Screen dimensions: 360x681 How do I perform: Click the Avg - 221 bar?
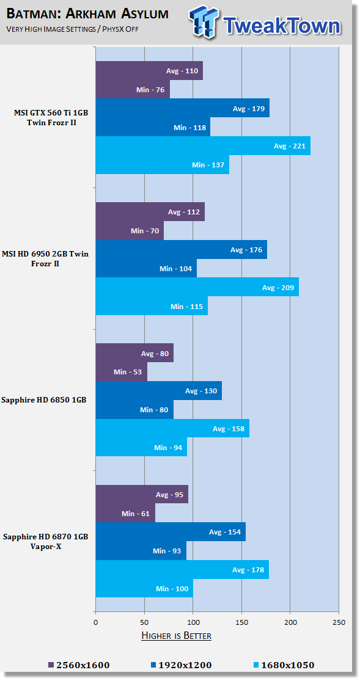203,146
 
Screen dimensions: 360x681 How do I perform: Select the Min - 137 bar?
162,165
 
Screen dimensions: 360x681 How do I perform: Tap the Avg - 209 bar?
197,287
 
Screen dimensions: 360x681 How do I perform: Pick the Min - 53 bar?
121,372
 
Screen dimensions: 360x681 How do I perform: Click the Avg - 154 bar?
171,532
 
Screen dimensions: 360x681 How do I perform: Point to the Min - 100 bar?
144,589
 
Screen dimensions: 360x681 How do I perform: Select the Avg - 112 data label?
184,213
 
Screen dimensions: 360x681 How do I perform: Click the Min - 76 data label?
150,90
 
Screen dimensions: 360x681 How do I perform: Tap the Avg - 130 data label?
201,391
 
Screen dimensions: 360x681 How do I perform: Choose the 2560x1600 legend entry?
79,665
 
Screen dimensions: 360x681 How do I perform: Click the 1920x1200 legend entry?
181,665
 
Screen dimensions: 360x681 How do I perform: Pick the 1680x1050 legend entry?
283,665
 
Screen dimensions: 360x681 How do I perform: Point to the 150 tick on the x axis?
242,622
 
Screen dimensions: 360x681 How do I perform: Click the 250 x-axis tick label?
339,622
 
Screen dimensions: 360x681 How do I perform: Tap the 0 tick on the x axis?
95,622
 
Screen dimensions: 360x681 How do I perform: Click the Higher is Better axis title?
177,636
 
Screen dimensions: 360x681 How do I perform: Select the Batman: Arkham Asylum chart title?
87,14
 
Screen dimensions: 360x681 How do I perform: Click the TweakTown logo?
265,22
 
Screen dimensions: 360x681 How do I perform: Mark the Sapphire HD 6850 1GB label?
44,400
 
